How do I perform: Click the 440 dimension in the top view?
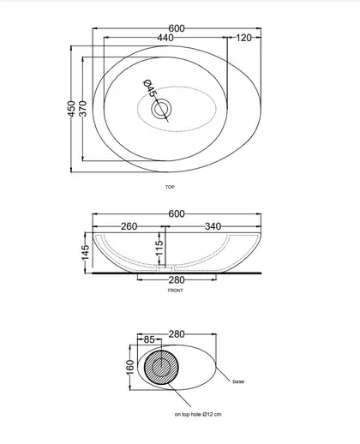coord(165,38)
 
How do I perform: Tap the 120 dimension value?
coord(243,38)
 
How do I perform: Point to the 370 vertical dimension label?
coord(83,109)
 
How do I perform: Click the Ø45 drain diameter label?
coord(150,88)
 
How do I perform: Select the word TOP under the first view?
coord(170,187)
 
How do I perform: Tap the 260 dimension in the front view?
coord(129,226)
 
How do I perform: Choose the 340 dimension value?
coord(213,226)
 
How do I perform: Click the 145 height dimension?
coord(86,253)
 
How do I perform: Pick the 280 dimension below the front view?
coord(177,280)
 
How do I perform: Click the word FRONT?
coord(175,291)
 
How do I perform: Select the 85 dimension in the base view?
coord(149,339)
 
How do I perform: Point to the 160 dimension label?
coord(130,367)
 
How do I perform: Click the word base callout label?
coord(238,381)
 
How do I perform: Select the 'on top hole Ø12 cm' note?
coord(198,414)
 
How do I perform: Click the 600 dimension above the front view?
coord(177,213)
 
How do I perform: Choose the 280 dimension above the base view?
coord(177,334)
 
